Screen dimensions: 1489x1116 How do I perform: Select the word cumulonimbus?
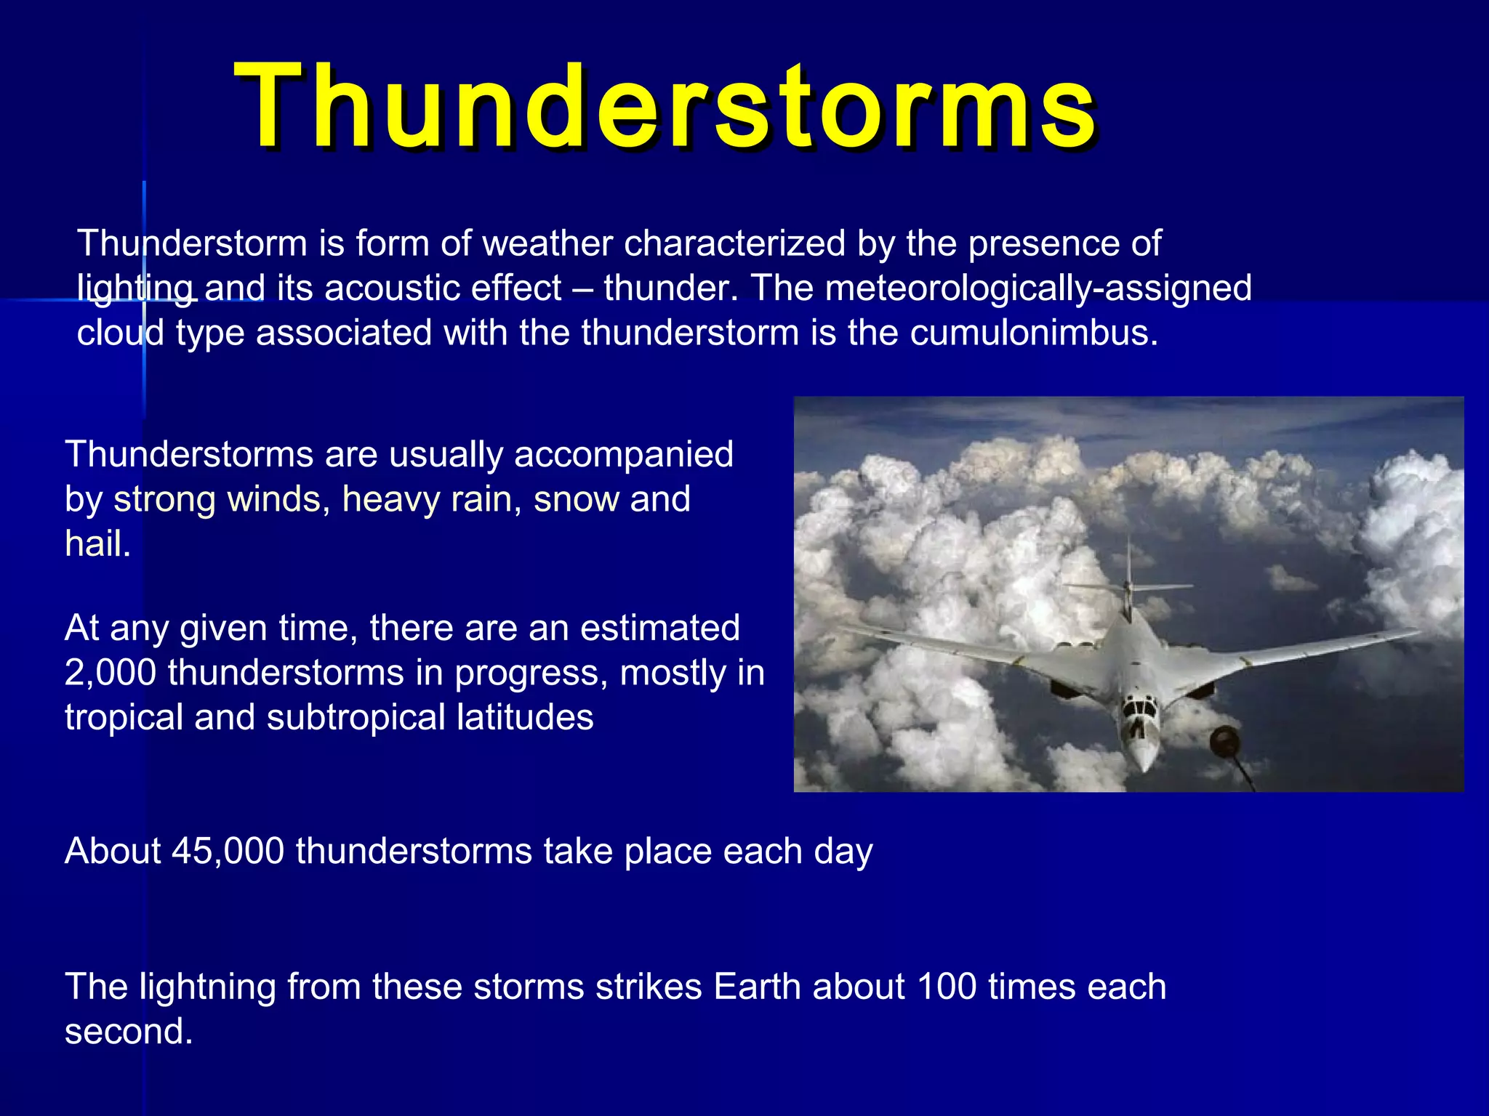(1034, 333)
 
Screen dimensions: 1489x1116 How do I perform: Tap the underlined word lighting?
(135, 289)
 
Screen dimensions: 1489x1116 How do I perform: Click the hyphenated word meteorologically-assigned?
(1039, 289)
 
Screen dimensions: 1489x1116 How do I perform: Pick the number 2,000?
(111, 673)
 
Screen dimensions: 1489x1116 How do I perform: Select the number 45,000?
(228, 852)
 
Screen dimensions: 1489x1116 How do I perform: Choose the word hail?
(98, 544)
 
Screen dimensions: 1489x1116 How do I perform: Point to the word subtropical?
(356, 719)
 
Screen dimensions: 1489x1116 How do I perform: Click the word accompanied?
(624, 456)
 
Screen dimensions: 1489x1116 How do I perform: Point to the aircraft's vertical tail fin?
(1128, 574)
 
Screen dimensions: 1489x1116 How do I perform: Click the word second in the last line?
(129, 1032)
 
